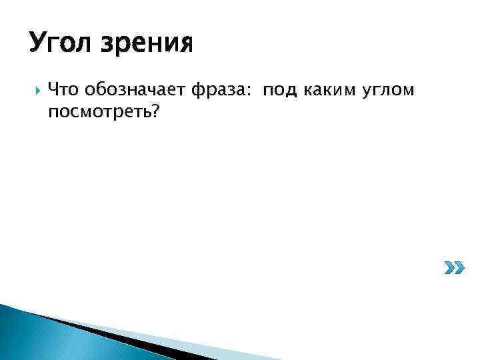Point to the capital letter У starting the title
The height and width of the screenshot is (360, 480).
pos(37,45)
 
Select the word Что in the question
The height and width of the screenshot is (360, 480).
pos(65,89)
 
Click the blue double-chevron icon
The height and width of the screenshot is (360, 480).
pos(454,269)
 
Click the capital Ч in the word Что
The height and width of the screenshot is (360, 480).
pos(53,89)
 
